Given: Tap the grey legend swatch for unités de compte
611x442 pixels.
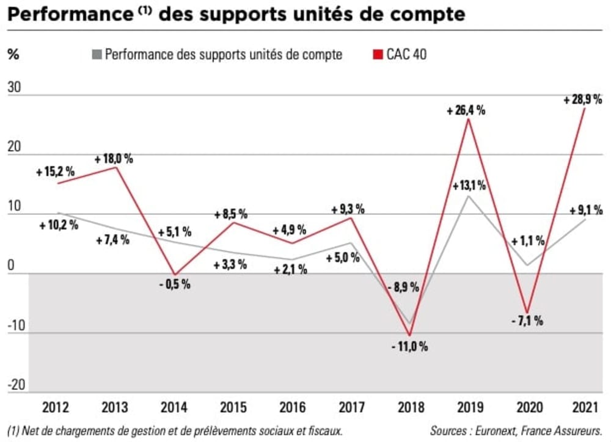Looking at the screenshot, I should [95, 54].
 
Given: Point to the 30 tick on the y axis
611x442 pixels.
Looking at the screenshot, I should [14, 88].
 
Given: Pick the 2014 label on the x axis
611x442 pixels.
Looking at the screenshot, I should [174, 406].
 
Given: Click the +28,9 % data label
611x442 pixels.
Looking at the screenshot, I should [583, 99].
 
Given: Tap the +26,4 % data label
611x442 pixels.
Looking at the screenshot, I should [466, 111].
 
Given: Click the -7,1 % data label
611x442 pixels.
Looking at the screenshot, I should [526, 322].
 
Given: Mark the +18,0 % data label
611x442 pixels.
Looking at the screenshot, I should [114, 159].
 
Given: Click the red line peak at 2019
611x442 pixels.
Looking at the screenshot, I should [467, 119].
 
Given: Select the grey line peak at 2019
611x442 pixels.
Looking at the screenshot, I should [468, 196].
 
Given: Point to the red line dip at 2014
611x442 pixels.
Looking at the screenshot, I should [174, 275].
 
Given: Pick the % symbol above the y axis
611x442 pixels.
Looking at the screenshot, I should [13, 54].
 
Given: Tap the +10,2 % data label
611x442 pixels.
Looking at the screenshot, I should [57, 224].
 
